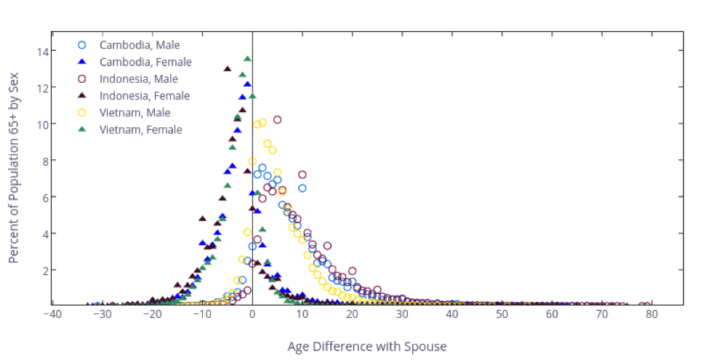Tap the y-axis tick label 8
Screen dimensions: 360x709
pos(41,161)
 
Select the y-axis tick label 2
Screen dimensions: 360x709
pos(41,270)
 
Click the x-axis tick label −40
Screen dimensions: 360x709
pos(52,314)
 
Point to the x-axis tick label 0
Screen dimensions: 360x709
pos(252,314)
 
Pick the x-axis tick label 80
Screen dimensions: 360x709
pos(652,314)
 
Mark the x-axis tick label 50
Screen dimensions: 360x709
pos(502,314)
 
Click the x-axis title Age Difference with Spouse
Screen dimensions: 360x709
pos(366,346)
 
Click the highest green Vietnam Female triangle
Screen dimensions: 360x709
pos(247,59)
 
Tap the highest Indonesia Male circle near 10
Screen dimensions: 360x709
pos(277,119)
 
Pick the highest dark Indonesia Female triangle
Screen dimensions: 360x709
pos(228,68)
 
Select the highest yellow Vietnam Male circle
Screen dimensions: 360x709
pos(263,123)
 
